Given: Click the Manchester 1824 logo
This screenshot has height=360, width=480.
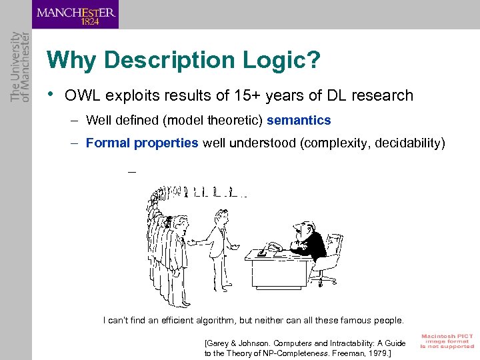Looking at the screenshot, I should pos(75,14).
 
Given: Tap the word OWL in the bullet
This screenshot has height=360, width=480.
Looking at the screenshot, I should pos(81,95).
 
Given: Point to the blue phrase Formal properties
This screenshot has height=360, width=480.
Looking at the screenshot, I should pos(142,143).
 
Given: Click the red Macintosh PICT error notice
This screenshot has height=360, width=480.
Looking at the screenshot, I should pos(447,341).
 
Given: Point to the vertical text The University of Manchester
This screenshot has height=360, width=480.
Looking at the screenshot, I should pos(21,66).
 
